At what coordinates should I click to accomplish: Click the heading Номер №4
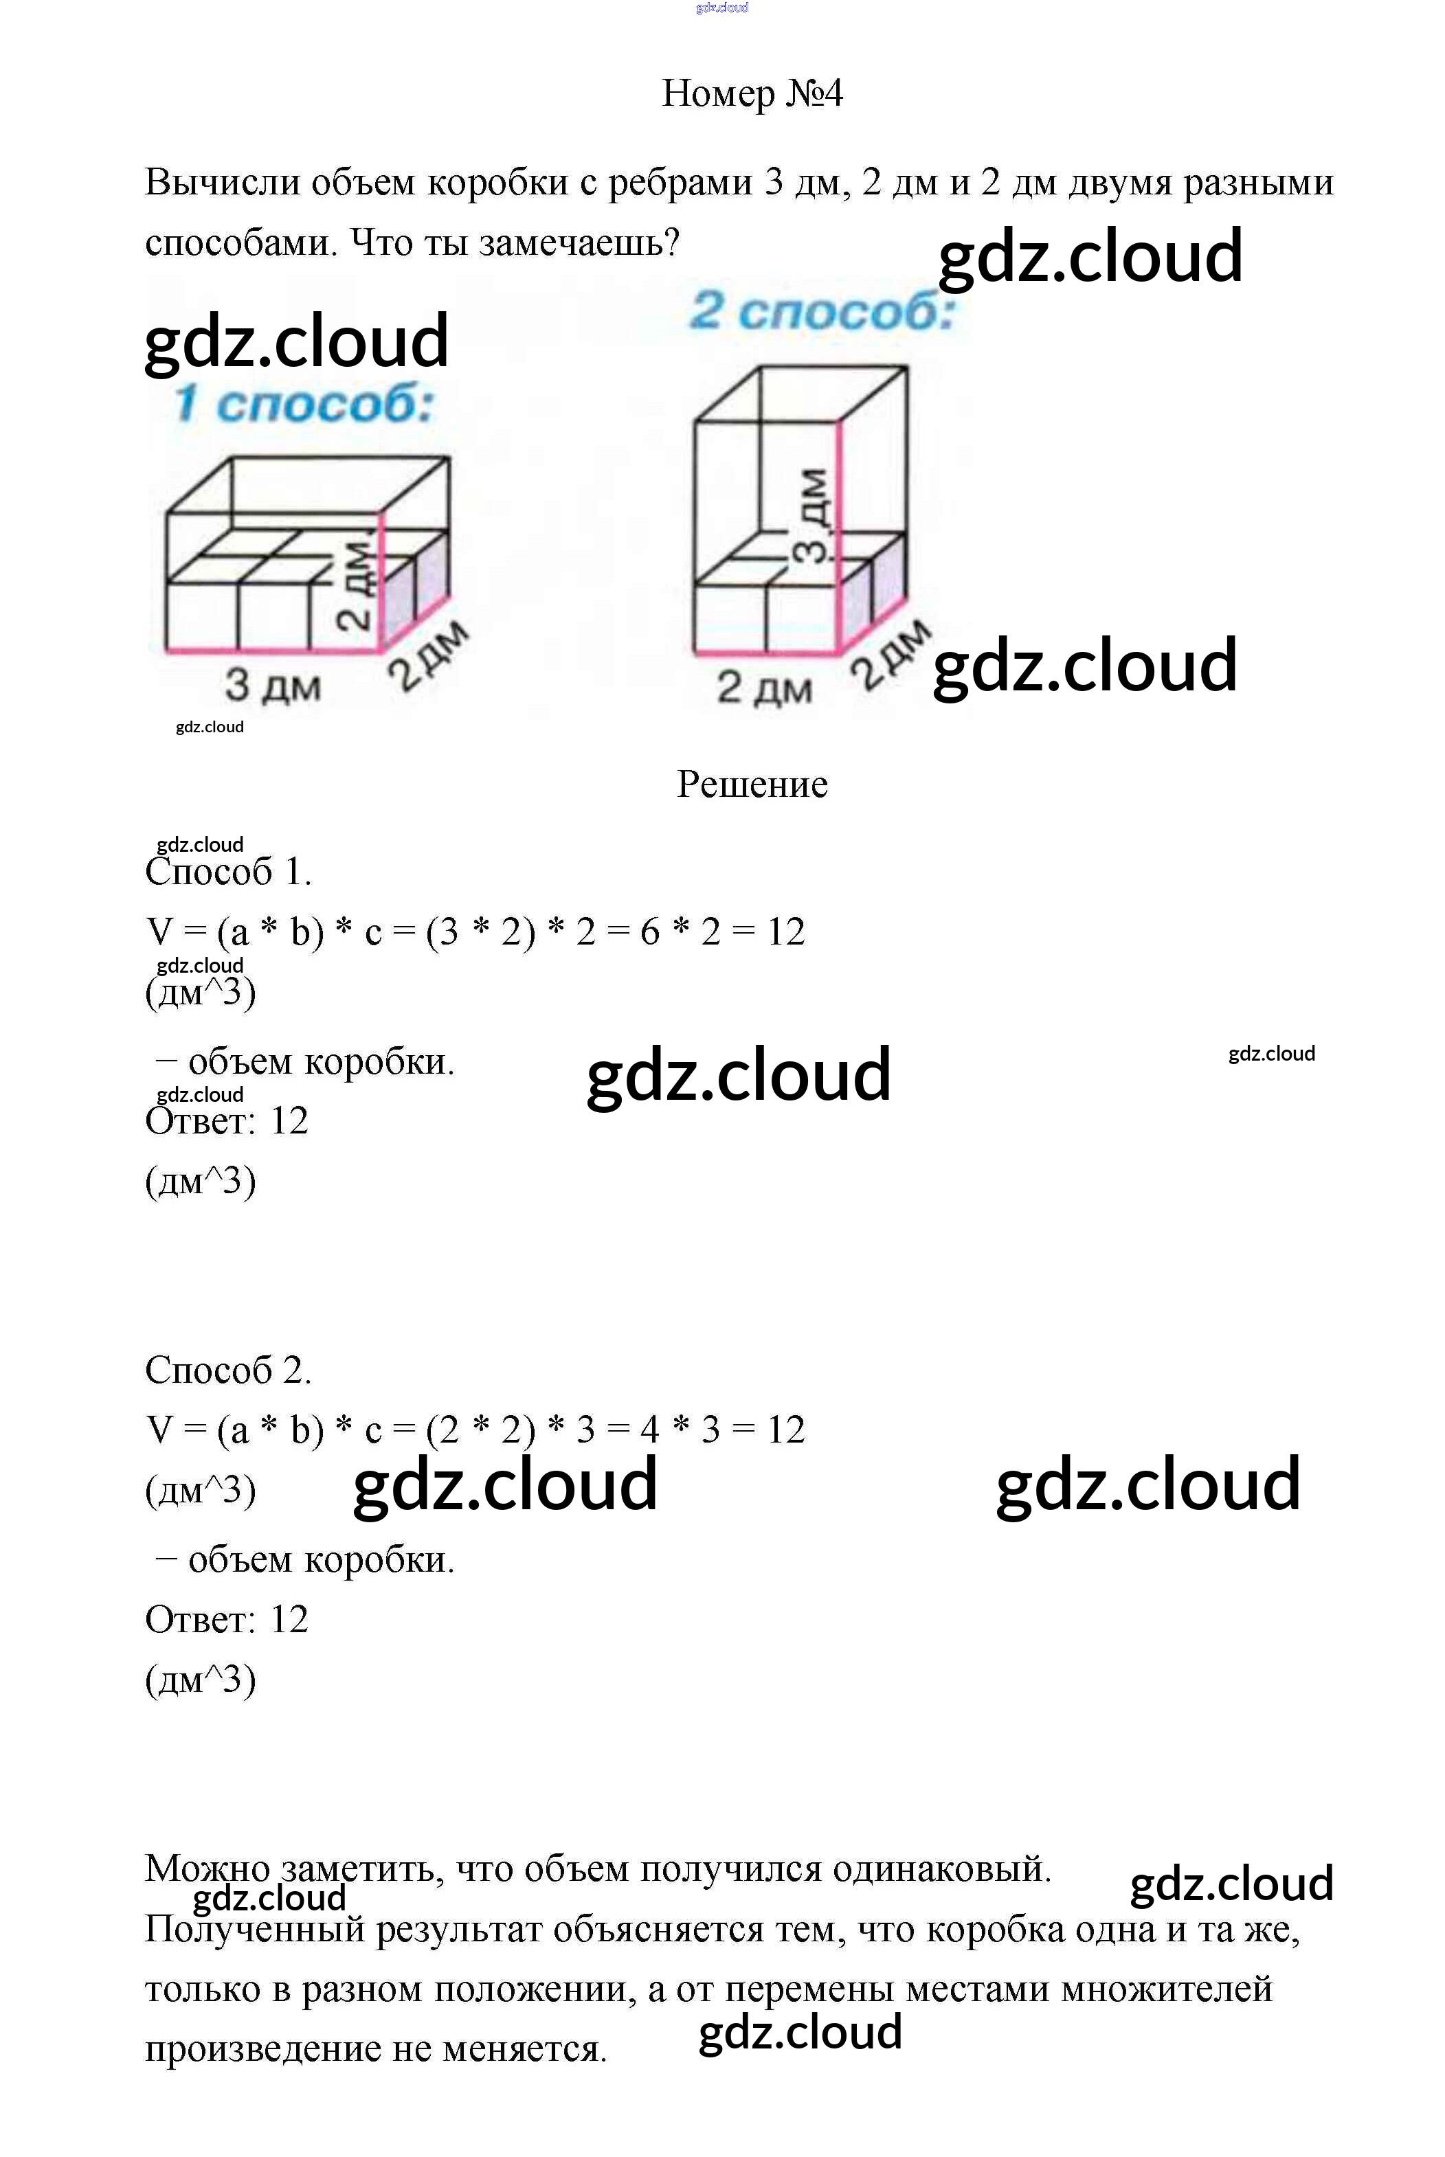(752, 93)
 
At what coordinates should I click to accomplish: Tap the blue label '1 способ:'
(304, 405)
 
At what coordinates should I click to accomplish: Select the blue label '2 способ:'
(822, 310)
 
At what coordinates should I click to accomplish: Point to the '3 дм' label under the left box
(273, 686)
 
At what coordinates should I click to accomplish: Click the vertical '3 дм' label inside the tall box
(813, 516)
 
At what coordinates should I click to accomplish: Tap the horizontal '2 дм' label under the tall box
(765, 688)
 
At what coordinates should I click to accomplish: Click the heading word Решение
(752, 784)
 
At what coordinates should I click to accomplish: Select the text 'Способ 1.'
(229, 872)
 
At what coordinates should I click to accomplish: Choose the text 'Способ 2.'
(229, 1370)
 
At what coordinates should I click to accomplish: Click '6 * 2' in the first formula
(680, 931)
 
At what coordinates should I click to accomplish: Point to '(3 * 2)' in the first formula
(480, 932)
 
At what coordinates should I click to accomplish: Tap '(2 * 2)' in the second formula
(480, 1430)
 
